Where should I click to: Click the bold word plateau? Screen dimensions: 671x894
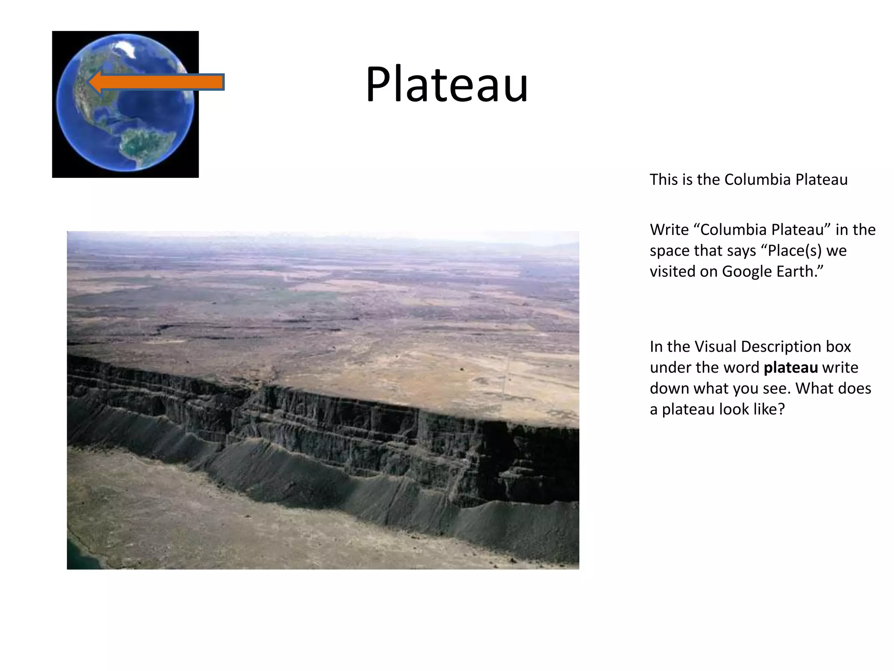click(791, 367)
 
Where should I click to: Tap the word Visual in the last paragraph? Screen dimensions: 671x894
click(715, 346)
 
